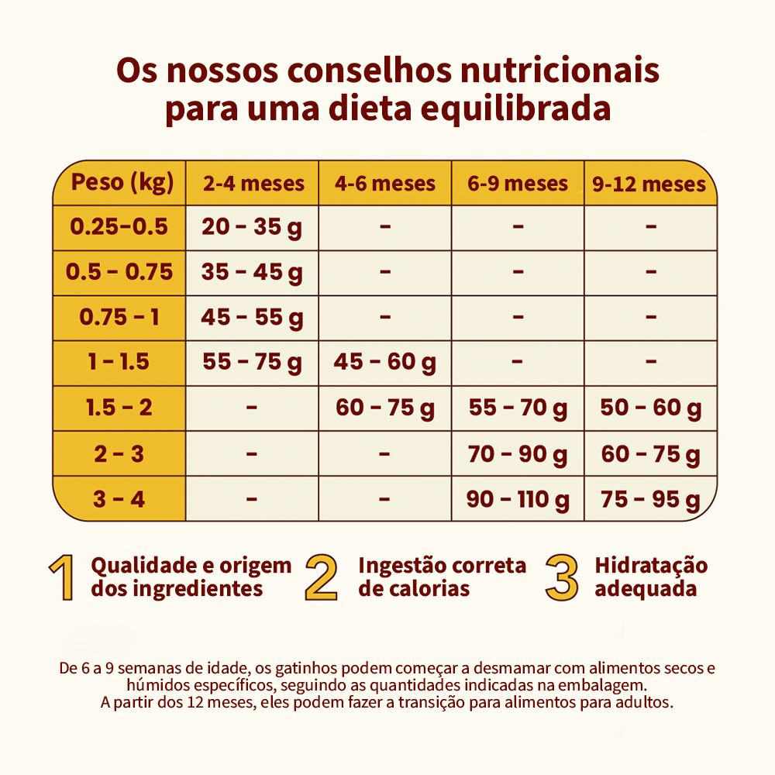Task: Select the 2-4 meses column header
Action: (x=253, y=184)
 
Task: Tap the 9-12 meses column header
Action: (x=649, y=184)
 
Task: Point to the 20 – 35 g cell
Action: (x=253, y=227)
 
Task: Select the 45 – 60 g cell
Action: (x=385, y=362)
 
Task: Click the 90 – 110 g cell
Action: (x=518, y=499)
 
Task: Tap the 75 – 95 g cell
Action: (x=650, y=499)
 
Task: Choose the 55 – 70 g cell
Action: (x=518, y=408)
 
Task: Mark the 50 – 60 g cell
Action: (x=650, y=408)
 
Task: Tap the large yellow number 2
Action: (x=322, y=577)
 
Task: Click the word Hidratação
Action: (x=651, y=565)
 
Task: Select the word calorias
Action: (x=425, y=588)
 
